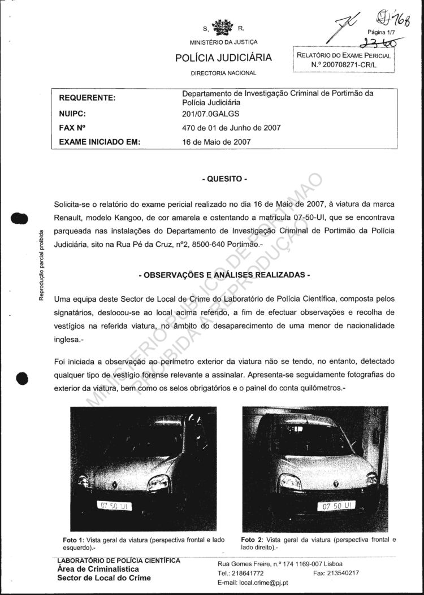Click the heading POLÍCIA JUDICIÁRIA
tap(223, 58)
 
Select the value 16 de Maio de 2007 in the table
tap(217, 142)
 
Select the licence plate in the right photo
tap(336, 506)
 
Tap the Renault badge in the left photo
tap(115, 484)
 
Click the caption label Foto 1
tap(73, 540)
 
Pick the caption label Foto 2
tap(252, 540)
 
